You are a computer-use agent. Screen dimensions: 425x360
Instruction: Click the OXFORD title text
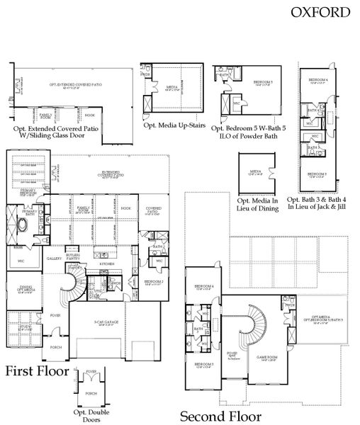coord(320,11)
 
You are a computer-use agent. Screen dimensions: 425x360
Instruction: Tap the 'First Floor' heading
coord(38,371)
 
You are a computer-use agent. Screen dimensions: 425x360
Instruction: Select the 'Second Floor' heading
coord(220,416)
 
